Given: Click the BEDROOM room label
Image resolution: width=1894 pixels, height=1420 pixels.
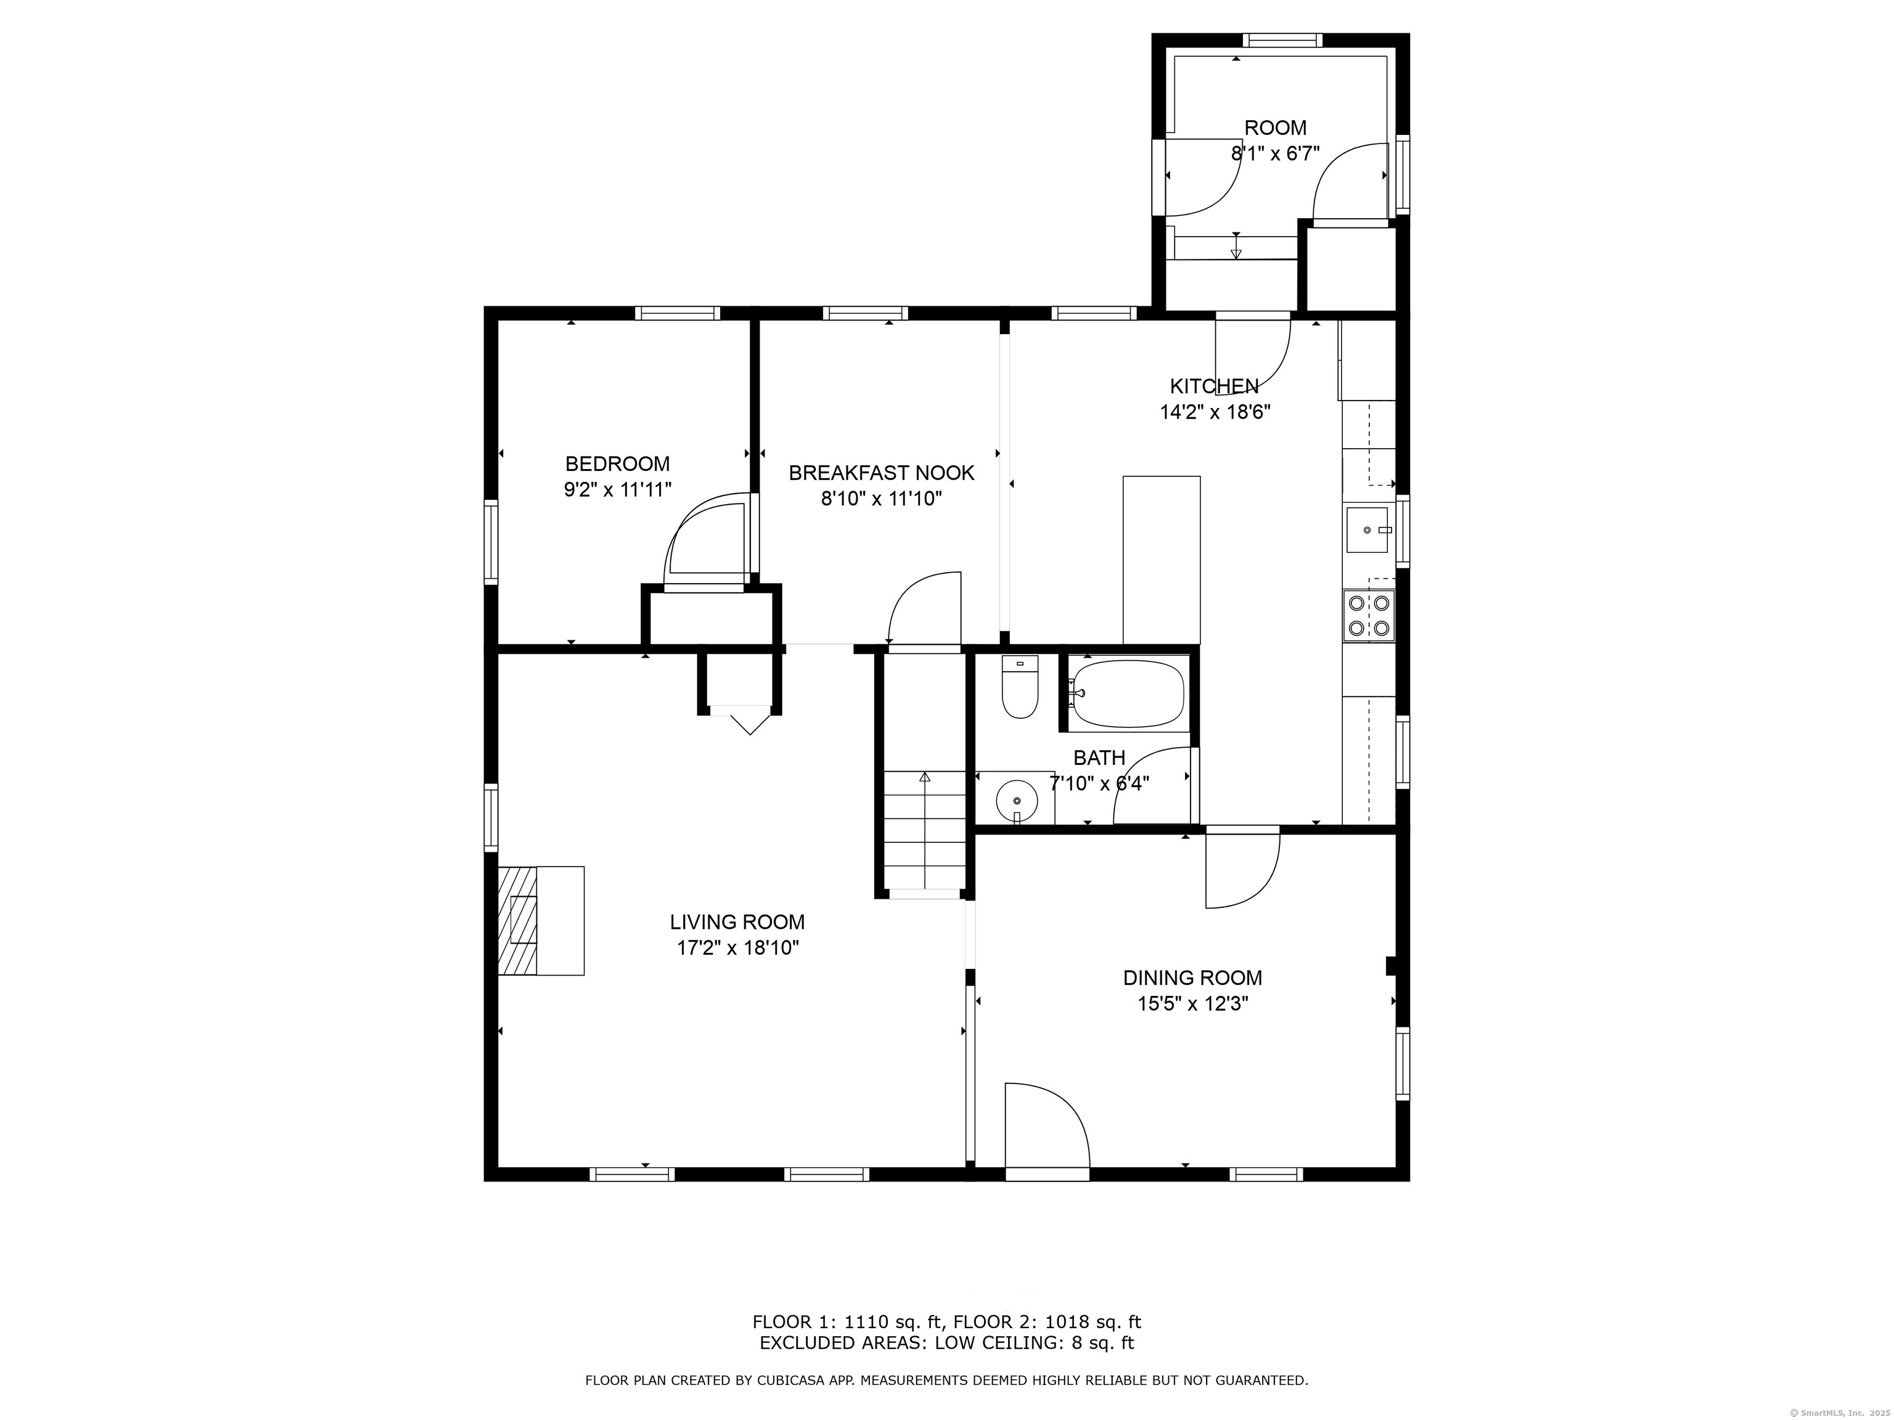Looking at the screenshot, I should [x=617, y=464].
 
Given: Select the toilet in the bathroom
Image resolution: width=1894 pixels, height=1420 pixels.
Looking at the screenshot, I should [x=1019, y=687].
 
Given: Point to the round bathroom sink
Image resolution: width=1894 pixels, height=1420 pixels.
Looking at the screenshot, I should [x=1016, y=801].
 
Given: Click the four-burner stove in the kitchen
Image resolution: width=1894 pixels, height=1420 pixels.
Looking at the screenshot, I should [x=1368, y=616].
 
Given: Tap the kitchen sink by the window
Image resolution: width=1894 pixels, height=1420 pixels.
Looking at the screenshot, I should [x=1367, y=531].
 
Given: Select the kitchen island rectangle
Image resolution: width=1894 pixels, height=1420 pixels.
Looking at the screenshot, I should [x=1161, y=560].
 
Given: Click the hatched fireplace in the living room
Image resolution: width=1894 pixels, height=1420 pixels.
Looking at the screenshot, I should [x=517, y=920].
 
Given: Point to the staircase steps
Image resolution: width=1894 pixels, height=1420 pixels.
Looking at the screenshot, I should [x=925, y=830].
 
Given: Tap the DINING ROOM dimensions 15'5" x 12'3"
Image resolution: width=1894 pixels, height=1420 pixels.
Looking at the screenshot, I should [x=1192, y=1004].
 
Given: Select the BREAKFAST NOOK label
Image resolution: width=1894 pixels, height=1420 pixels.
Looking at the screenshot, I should [x=881, y=473].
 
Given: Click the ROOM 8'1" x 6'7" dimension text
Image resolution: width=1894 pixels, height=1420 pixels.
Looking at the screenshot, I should [x=1275, y=154].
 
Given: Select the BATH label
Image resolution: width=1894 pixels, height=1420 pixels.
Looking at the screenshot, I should [x=1099, y=757].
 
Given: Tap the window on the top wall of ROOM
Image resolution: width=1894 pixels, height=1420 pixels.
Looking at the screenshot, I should [x=1282, y=40].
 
